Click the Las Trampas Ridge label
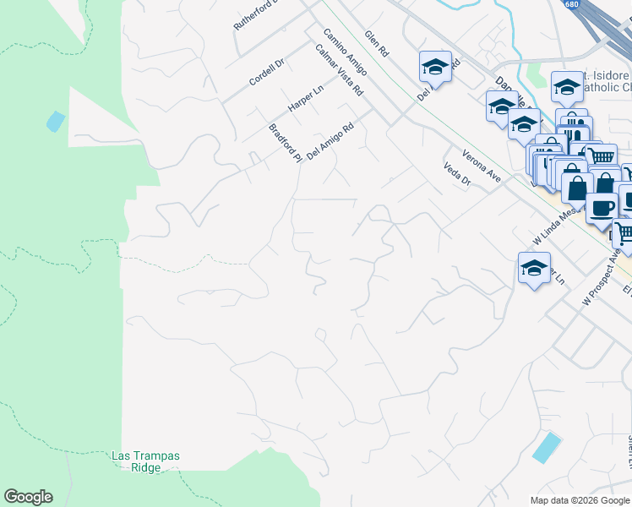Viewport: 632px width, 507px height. click(145, 461)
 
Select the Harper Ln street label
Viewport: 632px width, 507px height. click(305, 99)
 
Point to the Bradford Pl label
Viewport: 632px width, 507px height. click(285, 143)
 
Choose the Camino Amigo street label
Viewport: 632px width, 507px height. click(346, 52)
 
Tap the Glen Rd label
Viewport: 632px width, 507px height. click(376, 44)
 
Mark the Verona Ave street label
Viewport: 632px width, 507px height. click(482, 166)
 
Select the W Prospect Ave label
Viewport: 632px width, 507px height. click(602, 278)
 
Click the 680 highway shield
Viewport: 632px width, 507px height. click(573, 5)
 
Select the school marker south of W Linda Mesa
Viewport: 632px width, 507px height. click(534, 268)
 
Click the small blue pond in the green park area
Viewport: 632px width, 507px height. click(56, 122)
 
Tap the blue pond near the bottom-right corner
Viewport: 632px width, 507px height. click(547, 447)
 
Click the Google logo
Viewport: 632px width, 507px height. click(28, 497)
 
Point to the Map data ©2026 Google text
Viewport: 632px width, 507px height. click(579, 500)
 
